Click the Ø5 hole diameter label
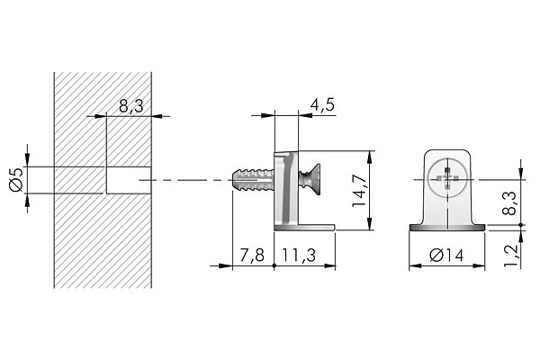15,180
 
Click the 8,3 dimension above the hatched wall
131,105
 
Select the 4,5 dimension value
321,104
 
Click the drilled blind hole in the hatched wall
124,180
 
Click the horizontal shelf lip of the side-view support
315,227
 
